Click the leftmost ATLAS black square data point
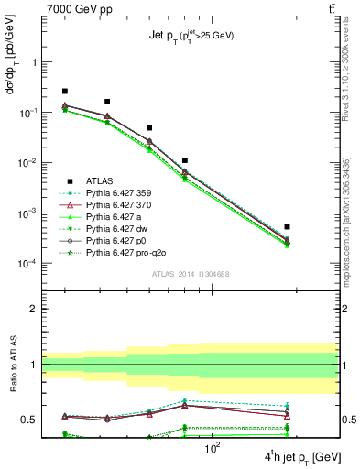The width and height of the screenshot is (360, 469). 65,92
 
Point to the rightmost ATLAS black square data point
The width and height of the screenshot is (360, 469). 287,226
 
